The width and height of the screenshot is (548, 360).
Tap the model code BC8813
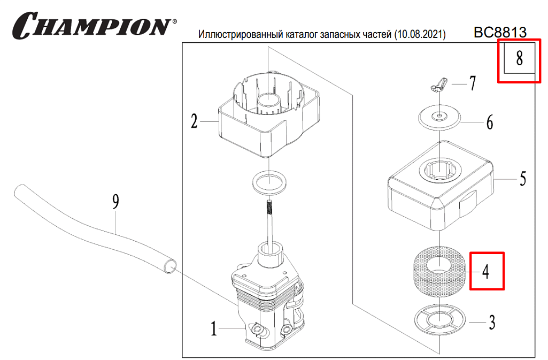click(499, 33)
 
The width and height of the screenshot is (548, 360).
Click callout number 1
click(214, 328)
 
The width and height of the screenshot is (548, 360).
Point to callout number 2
click(195, 122)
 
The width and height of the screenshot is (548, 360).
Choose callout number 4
click(485, 272)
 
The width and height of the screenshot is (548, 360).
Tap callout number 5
click(522, 178)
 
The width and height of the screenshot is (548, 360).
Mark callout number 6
click(489, 123)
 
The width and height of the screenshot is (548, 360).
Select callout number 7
click(473, 83)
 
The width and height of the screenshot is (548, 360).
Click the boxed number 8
click(519, 58)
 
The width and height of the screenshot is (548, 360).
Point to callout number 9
click(115, 202)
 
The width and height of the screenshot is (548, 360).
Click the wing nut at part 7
click(438, 84)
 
